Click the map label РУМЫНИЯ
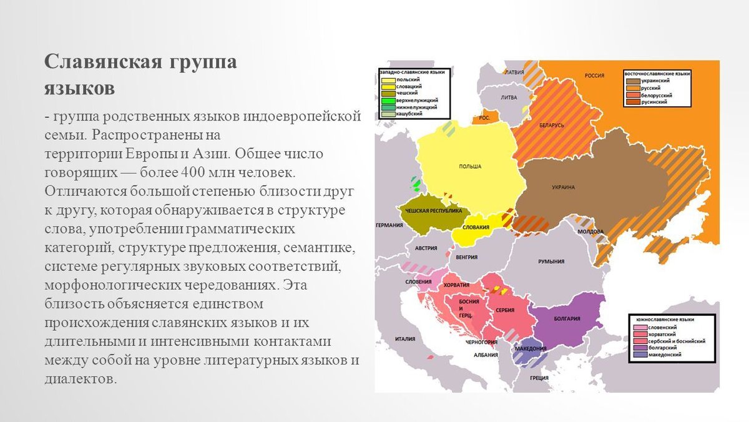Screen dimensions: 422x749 551,262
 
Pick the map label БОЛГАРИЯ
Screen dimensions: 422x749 567,319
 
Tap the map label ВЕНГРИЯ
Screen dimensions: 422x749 467,257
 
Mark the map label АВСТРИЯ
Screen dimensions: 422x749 427,247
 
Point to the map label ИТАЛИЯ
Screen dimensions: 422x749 405,339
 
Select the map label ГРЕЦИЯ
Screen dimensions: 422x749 539,378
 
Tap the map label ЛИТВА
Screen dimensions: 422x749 509,97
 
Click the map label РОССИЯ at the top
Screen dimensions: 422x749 594,76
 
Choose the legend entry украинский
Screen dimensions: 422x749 655,81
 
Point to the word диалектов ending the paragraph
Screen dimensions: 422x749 81,378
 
